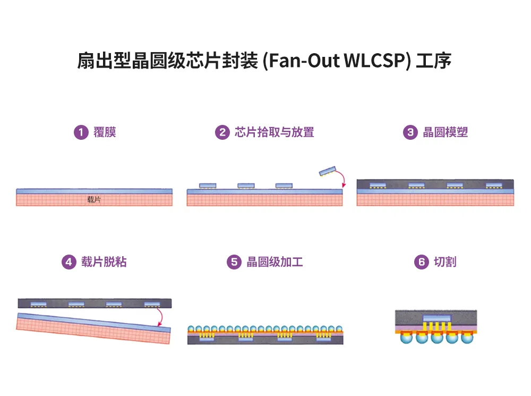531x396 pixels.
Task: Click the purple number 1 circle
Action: pyautogui.click(x=81, y=132)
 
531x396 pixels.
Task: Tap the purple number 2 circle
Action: pyautogui.click(x=222, y=132)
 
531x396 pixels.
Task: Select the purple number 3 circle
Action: pyautogui.click(x=410, y=132)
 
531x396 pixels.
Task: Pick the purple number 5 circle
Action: pyautogui.click(x=234, y=262)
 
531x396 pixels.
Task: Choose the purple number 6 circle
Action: pyautogui.click(x=421, y=262)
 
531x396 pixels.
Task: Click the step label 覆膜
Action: pyautogui.click(x=105, y=132)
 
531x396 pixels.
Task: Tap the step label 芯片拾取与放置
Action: pyautogui.click(x=274, y=132)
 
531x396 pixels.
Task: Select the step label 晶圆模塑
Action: pyautogui.click(x=445, y=132)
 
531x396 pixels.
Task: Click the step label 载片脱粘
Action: pyautogui.click(x=104, y=262)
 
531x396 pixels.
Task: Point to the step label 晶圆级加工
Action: pyautogui.click(x=275, y=262)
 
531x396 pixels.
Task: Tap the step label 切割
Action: pyautogui.click(x=444, y=262)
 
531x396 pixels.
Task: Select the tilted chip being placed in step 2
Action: pyautogui.click(x=328, y=171)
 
